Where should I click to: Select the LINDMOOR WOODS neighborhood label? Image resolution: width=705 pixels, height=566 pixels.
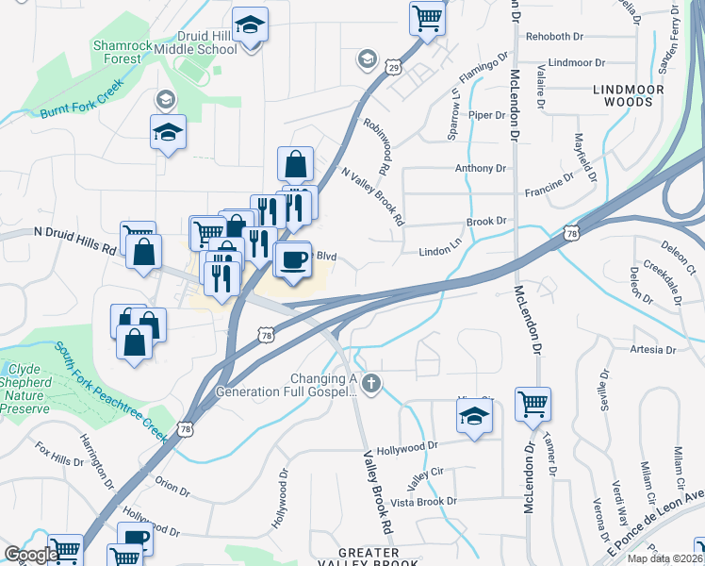click(629, 95)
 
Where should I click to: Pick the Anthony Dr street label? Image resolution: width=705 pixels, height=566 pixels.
click(480, 169)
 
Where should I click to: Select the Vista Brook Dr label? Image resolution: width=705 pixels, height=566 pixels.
click(424, 502)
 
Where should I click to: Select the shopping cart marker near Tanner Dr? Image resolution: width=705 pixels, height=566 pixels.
click(533, 405)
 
